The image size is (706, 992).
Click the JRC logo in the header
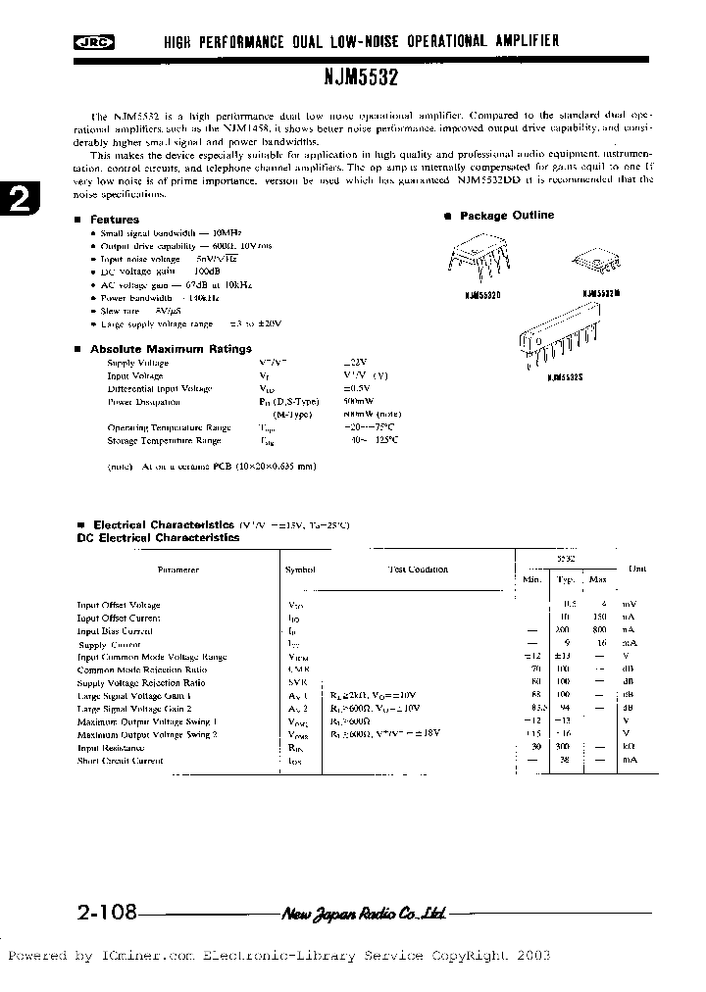pyautogui.click(x=93, y=41)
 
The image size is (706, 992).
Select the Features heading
pyautogui.click(x=114, y=220)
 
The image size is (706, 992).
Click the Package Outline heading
pyautogui.click(x=506, y=216)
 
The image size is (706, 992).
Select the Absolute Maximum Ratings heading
pyautogui.click(x=171, y=349)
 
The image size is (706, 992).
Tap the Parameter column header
pyautogui.click(x=177, y=570)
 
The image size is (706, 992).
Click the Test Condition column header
pyautogui.click(x=418, y=570)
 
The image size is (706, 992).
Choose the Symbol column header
pyautogui.click(x=300, y=570)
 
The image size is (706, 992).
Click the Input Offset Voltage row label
pyautogui.click(x=119, y=606)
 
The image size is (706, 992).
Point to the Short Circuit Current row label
pyautogui.click(x=120, y=761)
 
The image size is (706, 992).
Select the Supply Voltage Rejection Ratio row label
pyautogui.click(x=141, y=683)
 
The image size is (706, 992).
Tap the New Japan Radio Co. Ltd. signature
pyautogui.click(x=364, y=914)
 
